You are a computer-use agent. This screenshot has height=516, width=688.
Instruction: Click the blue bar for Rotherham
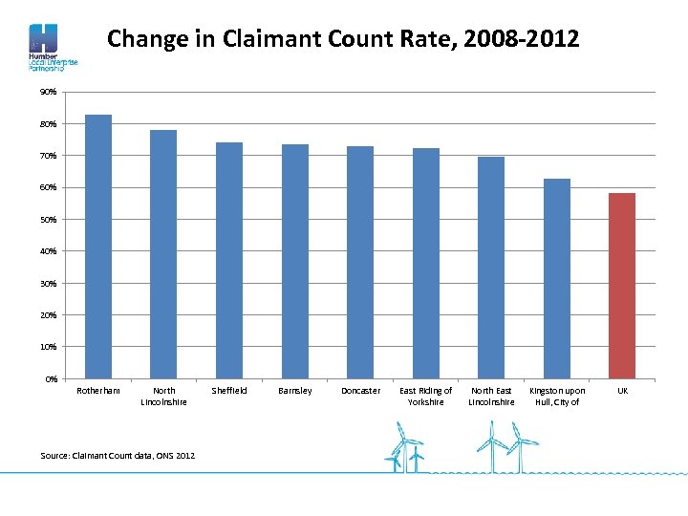point(98,247)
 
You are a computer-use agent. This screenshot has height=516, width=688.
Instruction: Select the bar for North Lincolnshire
point(163,254)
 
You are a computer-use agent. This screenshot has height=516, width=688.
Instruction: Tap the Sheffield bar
point(229,260)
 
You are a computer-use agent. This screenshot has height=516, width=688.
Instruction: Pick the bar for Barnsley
point(295,261)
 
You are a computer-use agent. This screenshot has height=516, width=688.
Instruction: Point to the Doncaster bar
point(360,262)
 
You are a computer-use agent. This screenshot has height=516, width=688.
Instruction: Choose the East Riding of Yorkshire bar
point(426,263)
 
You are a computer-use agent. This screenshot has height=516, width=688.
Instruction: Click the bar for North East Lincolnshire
point(491,268)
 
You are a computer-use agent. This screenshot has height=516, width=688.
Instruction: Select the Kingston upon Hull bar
point(557,278)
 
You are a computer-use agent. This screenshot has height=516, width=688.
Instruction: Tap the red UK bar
point(622,286)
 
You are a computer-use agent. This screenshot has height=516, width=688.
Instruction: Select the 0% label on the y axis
point(52,378)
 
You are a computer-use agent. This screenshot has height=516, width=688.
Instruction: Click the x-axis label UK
point(622,391)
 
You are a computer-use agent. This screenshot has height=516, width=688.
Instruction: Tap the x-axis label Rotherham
point(98,391)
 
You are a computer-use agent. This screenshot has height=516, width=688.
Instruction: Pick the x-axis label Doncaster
point(360,391)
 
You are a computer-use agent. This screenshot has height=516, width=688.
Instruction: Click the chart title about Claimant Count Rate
point(343,39)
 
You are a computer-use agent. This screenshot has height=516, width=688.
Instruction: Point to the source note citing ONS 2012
point(118,456)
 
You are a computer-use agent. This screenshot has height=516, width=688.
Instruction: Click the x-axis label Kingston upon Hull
point(557,397)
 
